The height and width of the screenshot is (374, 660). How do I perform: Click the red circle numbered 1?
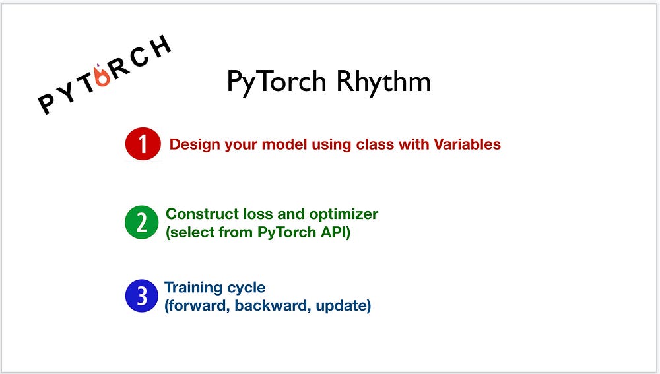[x=143, y=144]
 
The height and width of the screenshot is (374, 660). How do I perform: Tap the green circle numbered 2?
[x=142, y=222]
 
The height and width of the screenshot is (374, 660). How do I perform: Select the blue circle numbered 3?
[x=142, y=296]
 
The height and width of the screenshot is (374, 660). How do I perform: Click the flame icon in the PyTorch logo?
[x=102, y=75]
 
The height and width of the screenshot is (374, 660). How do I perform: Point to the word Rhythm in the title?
[x=383, y=81]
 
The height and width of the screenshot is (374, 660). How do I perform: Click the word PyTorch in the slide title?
[x=277, y=81]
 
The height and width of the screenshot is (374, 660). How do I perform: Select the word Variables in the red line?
[x=467, y=144]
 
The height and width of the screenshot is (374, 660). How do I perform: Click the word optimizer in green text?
[x=343, y=214]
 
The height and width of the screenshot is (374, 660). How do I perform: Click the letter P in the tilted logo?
[x=47, y=104]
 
